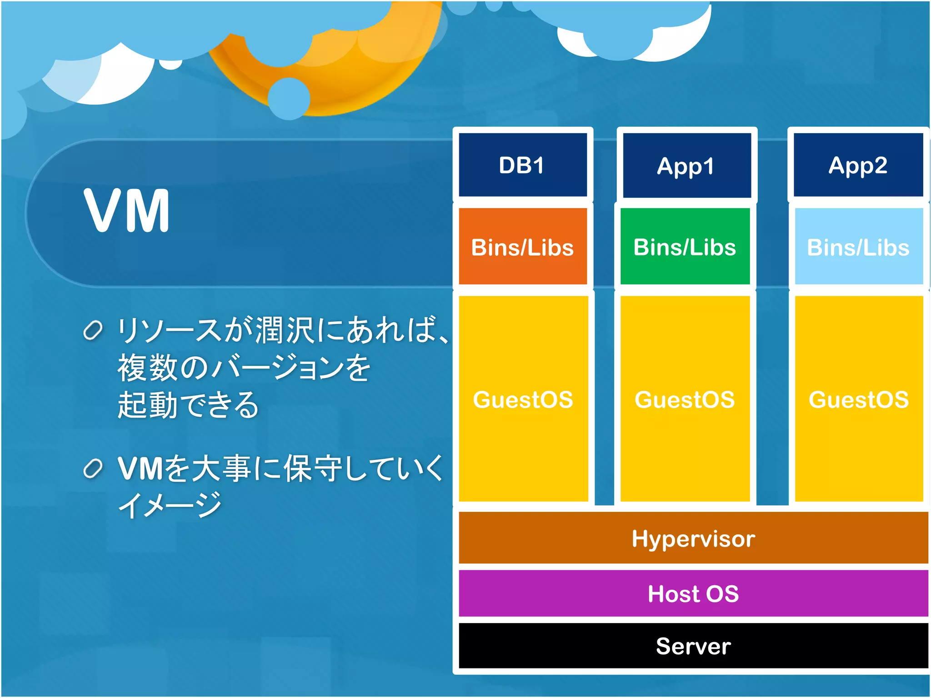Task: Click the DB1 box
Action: (522, 165)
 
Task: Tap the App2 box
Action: (858, 165)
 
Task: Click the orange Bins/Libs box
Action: (522, 247)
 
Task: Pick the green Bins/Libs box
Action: (685, 247)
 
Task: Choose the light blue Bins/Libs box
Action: (858, 247)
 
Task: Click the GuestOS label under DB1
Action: (523, 399)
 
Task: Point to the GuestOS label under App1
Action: (685, 399)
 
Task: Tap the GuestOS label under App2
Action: (858, 399)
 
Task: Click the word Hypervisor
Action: (693, 538)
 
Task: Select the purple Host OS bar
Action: (693, 593)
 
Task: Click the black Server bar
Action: (693, 646)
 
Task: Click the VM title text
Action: (127, 210)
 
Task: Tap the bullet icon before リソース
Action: (93, 330)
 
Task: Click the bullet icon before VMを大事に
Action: (93, 469)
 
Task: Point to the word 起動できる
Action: (188, 404)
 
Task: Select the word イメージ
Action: (170, 505)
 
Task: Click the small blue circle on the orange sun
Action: (289, 99)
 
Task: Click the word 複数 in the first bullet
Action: (147, 368)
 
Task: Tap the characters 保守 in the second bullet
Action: (314, 468)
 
